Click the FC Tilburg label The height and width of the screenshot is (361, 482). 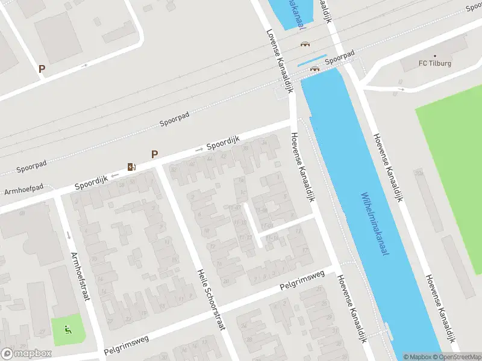coord(436,64)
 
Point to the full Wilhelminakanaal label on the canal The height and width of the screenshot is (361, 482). coord(374,224)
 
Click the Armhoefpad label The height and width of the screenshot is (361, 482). coord(24,190)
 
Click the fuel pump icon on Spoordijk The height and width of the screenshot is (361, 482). coord(131,167)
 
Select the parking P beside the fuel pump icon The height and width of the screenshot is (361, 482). coord(155,155)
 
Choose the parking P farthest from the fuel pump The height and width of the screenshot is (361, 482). coord(42,69)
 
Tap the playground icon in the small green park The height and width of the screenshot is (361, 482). coord(67,329)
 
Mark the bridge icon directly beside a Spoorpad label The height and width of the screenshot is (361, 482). coord(314,68)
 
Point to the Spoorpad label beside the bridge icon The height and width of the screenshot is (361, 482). coord(340,59)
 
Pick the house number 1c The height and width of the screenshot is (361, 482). coord(243,193)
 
